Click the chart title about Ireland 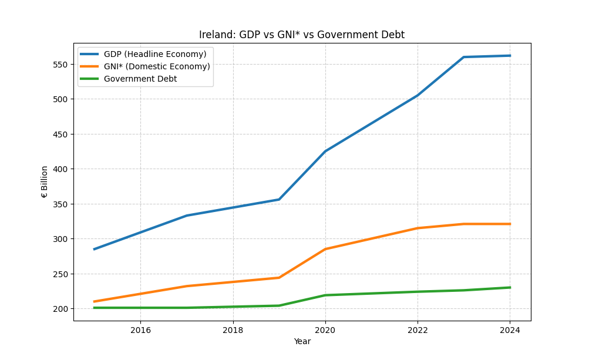click(x=302, y=35)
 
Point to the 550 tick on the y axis click(x=61, y=64)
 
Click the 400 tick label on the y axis click(x=61, y=169)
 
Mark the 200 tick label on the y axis click(x=61, y=309)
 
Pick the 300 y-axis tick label click(x=61, y=239)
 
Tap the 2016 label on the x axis click(x=140, y=330)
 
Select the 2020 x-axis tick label click(x=325, y=330)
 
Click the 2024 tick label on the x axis click(x=510, y=330)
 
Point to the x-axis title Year click(x=302, y=342)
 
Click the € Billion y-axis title click(x=45, y=181)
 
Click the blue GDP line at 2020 click(x=325, y=152)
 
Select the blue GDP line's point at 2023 click(x=463, y=57)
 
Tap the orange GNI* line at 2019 click(x=279, y=278)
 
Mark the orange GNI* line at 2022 click(x=418, y=228)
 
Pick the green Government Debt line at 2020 click(x=325, y=295)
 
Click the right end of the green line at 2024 click(x=509, y=288)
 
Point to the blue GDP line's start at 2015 click(x=95, y=249)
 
